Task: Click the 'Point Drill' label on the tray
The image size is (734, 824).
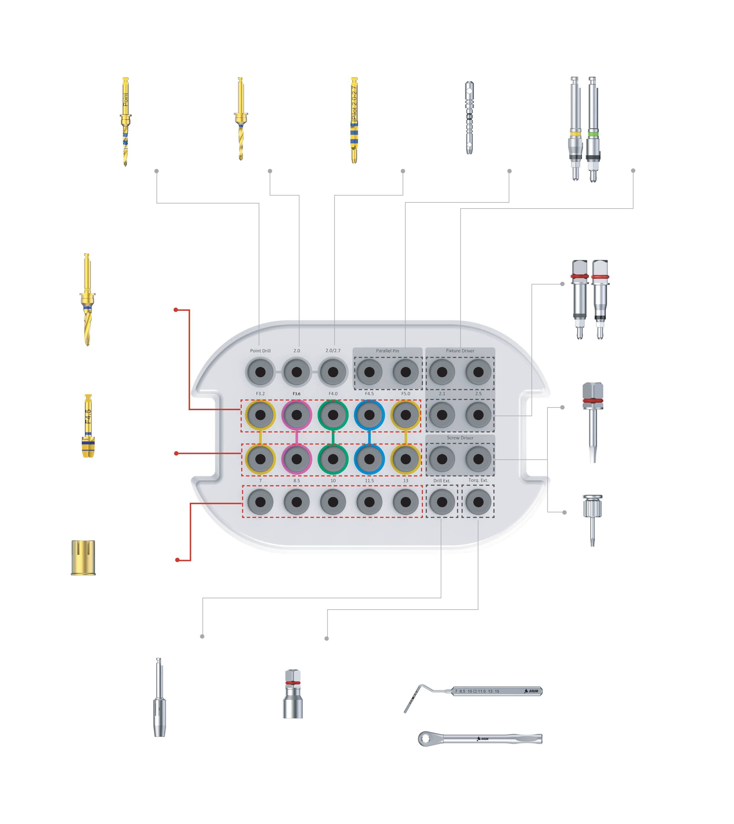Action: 260,350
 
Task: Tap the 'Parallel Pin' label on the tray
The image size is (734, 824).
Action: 387,350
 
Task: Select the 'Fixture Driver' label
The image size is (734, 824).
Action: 460,350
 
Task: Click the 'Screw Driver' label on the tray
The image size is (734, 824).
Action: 460,438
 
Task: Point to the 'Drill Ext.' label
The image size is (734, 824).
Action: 442,480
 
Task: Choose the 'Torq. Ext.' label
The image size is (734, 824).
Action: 478,480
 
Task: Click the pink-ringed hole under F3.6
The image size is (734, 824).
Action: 296,415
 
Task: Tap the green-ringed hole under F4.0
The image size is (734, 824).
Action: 333,415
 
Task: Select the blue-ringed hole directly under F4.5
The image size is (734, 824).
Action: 369,415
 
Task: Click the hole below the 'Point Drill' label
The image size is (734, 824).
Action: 260,372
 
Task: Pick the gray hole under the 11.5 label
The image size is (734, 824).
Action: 369,502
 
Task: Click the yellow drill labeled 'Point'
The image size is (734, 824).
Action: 125,121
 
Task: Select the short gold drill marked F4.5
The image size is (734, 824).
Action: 88,426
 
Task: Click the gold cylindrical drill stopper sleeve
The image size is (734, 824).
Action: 83,557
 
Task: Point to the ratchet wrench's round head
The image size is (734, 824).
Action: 425,739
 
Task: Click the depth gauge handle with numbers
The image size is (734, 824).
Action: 496,691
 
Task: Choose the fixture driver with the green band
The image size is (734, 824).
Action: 593,129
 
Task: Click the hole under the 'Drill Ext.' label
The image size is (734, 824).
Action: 442,502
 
